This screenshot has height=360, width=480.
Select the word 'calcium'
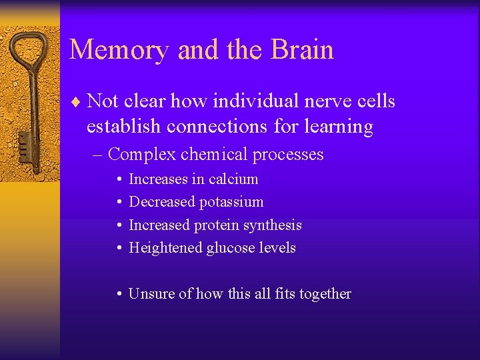(233, 179)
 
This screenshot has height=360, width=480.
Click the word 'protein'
(217, 225)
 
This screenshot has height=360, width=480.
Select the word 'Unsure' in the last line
(151, 294)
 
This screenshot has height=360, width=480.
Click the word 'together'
(322, 294)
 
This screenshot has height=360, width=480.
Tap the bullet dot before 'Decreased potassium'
(118, 202)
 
